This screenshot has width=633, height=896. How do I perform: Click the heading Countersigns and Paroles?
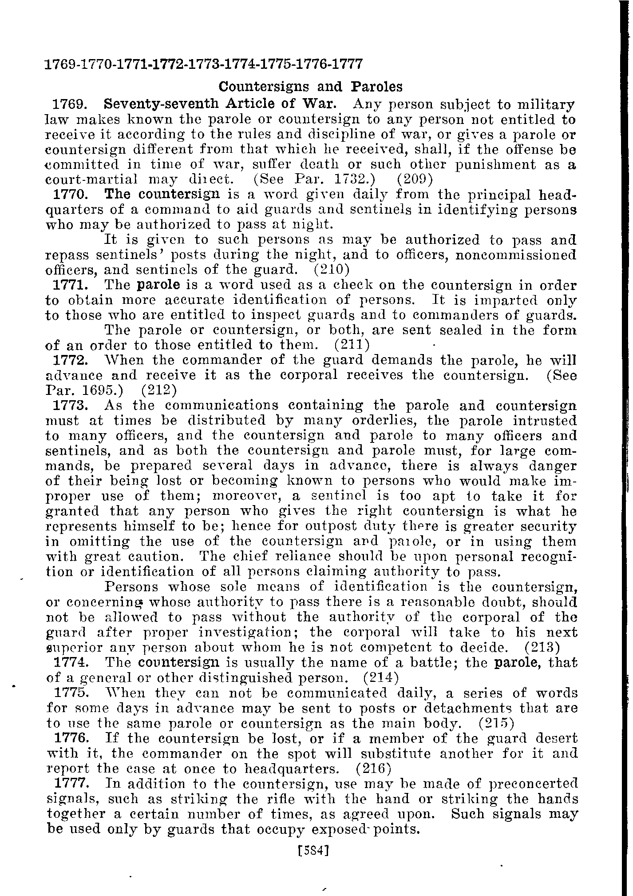click(311, 86)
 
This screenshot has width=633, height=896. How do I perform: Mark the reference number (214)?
click(381, 677)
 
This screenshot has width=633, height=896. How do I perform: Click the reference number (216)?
click(373, 768)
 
